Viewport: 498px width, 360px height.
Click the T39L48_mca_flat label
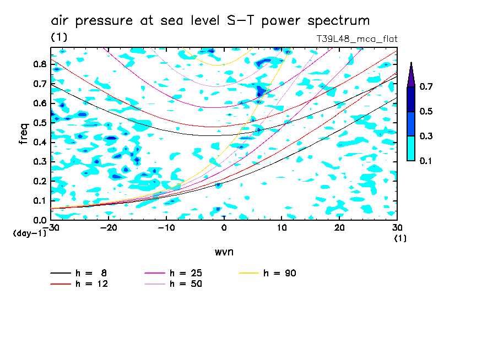tap(356, 39)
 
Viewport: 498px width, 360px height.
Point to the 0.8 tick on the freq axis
tap(40, 64)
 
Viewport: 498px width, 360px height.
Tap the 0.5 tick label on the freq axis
tap(40, 123)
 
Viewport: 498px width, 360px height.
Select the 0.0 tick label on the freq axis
tap(40, 220)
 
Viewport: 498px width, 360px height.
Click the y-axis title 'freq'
tap(23, 134)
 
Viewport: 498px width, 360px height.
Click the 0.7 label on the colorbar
tap(426, 86)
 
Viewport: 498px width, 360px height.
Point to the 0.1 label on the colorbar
tap(426, 161)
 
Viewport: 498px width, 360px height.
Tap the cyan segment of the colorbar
tap(411, 148)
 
